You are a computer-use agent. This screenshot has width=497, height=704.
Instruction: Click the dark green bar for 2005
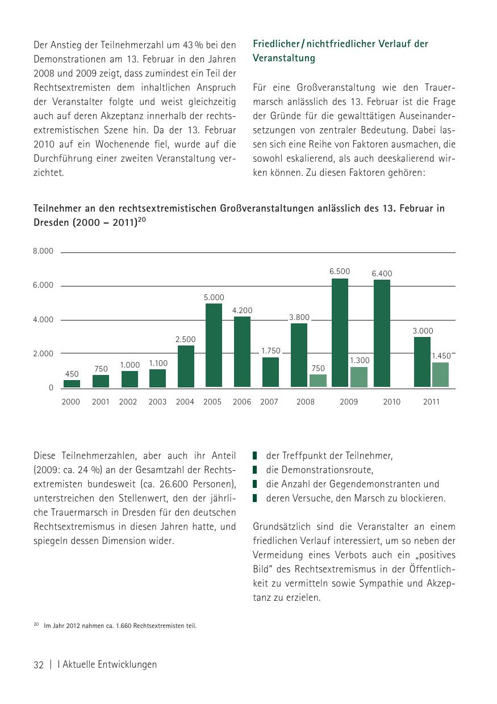point(214,345)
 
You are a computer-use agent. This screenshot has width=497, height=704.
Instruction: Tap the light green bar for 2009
point(359,377)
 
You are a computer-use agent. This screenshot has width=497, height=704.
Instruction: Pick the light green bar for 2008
point(318,381)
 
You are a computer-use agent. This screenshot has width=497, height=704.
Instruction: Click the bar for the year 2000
point(72,383)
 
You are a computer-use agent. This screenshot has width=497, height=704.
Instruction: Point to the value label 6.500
point(340,271)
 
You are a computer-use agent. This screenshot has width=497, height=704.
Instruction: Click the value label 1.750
point(270,351)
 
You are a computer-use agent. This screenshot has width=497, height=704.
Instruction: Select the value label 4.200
point(242,310)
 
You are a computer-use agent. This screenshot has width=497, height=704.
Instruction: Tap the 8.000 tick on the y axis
point(43,251)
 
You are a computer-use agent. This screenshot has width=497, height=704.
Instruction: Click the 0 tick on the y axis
point(51,388)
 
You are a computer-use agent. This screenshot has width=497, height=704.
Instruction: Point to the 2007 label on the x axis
point(269,402)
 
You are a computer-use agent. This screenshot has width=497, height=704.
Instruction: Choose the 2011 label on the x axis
point(431,402)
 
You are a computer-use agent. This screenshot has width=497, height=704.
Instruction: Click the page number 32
point(39,665)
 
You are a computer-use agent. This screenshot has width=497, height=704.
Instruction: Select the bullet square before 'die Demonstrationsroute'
point(256,470)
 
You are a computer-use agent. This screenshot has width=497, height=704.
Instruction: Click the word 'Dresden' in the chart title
point(51,223)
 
